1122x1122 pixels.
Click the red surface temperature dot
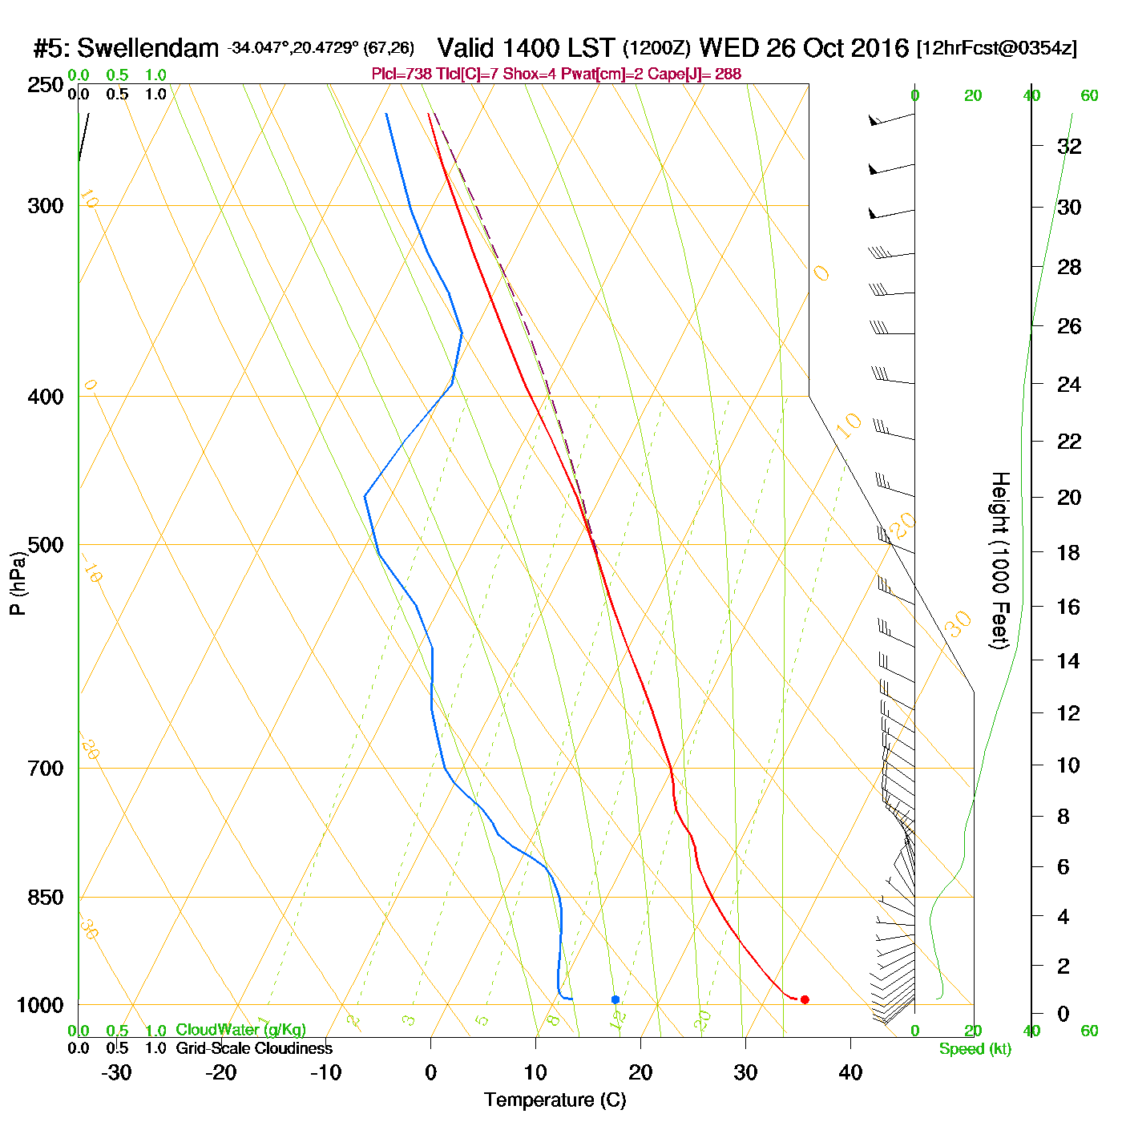(x=805, y=999)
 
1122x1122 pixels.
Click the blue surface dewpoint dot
(x=615, y=999)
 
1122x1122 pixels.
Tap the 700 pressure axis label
(x=45, y=769)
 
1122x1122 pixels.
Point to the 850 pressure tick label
(x=45, y=898)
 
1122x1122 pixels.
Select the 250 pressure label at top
(x=45, y=85)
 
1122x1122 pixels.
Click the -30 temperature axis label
(x=116, y=1072)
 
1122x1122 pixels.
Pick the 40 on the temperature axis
(x=850, y=1072)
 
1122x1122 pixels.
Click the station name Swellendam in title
(x=147, y=48)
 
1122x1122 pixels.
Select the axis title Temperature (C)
(x=555, y=1100)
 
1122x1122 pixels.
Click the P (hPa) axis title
(x=18, y=583)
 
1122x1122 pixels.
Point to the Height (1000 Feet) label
(x=1000, y=560)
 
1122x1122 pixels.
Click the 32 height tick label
(x=1069, y=146)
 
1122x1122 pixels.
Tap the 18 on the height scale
(x=1069, y=552)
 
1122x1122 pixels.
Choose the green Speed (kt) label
(x=975, y=1049)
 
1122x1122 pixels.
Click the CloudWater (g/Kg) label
(x=240, y=1030)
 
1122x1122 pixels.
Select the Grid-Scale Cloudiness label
(x=254, y=1048)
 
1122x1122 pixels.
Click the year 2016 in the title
(x=880, y=48)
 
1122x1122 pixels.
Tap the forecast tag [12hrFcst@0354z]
(x=997, y=48)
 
